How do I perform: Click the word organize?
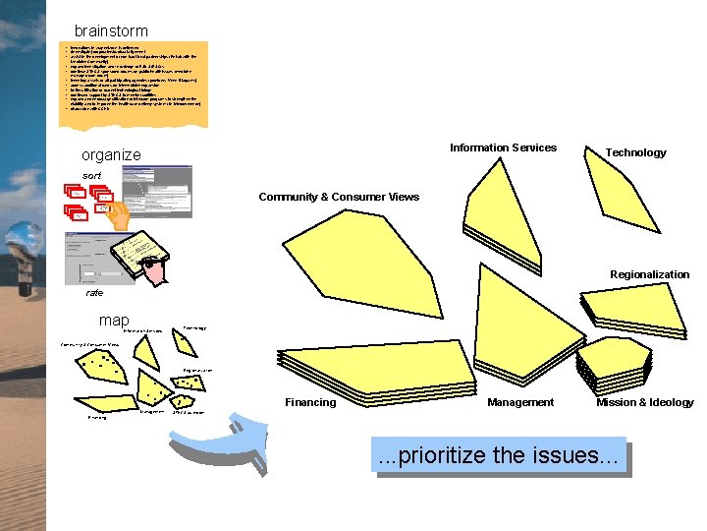(x=111, y=154)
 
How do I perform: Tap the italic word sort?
(x=91, y=175)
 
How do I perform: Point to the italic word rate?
(x=94, y=292)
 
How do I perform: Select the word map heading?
(x=114, y=321)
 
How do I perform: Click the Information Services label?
(x=503, y=147)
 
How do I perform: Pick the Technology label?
(x=635, y=152)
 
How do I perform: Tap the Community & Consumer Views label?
(x=339, y=197)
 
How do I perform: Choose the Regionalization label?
(x=649, y=274)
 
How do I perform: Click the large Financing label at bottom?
(x=310, y=402)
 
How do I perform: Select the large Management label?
(x=520, y=402)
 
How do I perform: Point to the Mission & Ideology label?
(x=644, y=402)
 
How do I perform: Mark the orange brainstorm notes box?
(x=133, y=84)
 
